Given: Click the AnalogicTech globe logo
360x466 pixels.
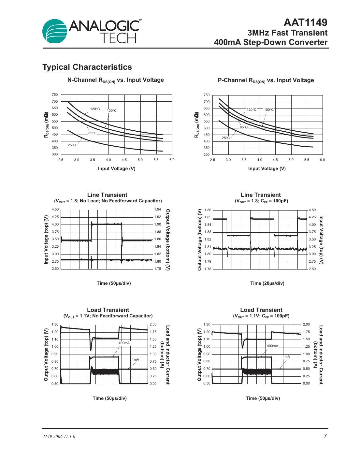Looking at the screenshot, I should click(55, 31).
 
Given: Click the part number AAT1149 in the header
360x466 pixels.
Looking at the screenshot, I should click(305, 22).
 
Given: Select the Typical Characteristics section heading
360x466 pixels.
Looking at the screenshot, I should click(87, 67).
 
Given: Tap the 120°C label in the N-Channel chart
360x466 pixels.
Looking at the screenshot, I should click(95, 109).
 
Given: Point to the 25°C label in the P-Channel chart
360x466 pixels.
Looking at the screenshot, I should click(226, 138).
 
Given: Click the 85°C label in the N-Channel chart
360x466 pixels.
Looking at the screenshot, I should click(92, 133).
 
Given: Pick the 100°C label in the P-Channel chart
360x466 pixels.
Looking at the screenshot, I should click(269, 109).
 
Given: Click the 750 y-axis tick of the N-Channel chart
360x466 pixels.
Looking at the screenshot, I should click(55, 95).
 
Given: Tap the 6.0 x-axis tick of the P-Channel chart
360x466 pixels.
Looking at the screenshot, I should click(322, 160).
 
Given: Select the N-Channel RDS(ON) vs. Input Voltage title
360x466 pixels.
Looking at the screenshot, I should click(115, 80).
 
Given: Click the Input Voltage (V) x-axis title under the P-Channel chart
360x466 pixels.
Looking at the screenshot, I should click(267, 168).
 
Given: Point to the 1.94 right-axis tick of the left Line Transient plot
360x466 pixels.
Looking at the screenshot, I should click(158, 210).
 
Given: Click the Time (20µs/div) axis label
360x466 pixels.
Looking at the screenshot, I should click(267, 283).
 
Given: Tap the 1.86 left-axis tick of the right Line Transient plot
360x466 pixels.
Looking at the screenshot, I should click(208, 210).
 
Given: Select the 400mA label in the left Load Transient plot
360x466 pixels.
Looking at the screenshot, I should click(124, 343).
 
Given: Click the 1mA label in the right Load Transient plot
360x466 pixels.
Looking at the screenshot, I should click(286, 357).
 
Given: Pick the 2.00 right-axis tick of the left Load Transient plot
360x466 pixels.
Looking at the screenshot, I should click(153, 325).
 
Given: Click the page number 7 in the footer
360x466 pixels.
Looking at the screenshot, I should click(325, 436).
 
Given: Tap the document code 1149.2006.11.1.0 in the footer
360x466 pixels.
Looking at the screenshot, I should click(59, 436).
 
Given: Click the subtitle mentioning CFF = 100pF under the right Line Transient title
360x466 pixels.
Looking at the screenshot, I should click(261, 201).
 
